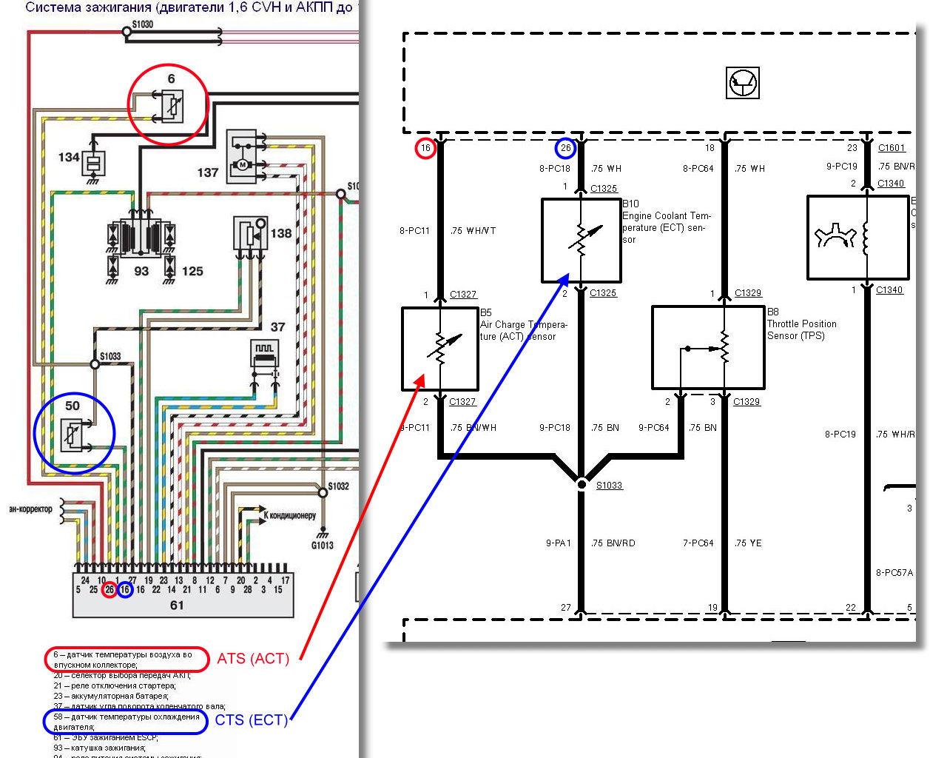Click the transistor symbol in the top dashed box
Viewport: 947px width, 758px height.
pyautogui.click(x=742, y=83)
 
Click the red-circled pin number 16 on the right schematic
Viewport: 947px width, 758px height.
pyautogui.click(x=425, y=148)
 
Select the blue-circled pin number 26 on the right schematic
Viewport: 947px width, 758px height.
pyautogui.click(x=565, y=148)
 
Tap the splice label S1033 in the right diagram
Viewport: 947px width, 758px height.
pyautogui.click(x=609, y=486)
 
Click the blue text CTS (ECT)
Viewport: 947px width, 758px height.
pyautogui.click(x=251, y=720)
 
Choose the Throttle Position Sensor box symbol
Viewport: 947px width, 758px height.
pyautogui.click(x=708, y=348)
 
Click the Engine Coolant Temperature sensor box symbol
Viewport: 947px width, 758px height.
pyautogui.click(x=581, y=240)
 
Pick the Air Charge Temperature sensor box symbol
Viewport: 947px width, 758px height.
pyautogui.click(x=439, y=349)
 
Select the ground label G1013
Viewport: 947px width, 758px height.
pyautogui.click(x=322, y=546)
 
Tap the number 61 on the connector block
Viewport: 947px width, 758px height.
pyautogui.click(x=177, y=605)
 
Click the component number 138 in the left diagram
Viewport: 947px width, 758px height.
pyautogui.click(x=281, y=233)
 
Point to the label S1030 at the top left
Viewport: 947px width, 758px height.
pyautogui.click(x=143, y=24)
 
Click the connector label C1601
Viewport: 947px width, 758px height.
pyautogui.click(x=892, y=148)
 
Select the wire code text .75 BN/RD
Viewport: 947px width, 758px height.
pyautogui.click(x=613, y=543)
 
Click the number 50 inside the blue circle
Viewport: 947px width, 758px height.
pyautogui.click(x=72, y=406)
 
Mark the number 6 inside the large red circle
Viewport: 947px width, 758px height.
pyautogui.click(x=171, y=78)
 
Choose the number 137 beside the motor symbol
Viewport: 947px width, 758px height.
pyautogui.click(x=208, y=172)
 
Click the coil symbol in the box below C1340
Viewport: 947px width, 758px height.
pyautogui.click(x=866, y=238)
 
